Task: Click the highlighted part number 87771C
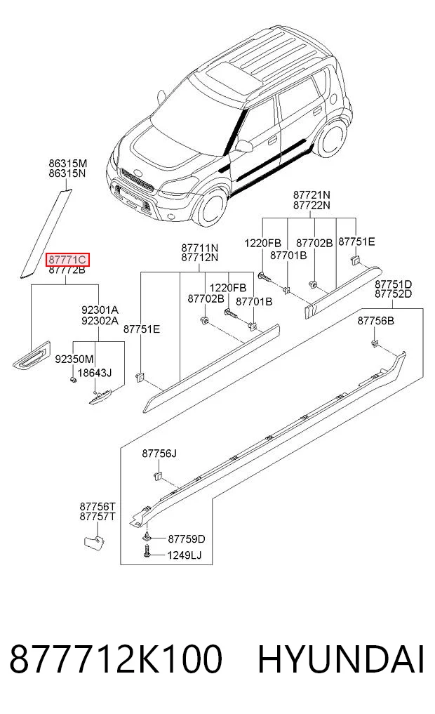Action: [x=67, y=260]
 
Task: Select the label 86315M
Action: [x=68, y=164]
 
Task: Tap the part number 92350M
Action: [x=74, y=359]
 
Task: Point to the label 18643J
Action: [x=95, y=373]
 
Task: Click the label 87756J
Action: [x=159, y=454]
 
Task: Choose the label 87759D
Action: [x=187, y=539]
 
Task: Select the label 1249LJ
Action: [x=185, y=555]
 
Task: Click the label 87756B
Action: [x=376, y=321]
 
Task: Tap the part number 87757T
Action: [x=98, y=517]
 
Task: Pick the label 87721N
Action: [x=312, y=195]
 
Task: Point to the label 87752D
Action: [x=393, y=294]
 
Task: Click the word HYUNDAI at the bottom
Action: [x=341, y=659]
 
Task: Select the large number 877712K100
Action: [x=116, y=659]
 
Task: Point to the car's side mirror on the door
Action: [x=244, y=146]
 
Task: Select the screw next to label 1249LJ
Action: [x=147, y=552]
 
